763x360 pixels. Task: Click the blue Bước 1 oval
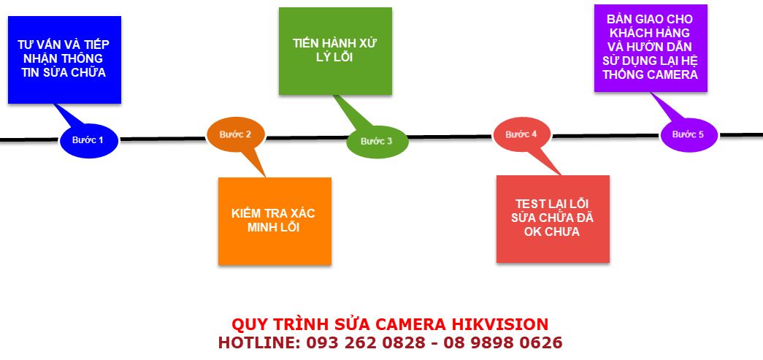88,139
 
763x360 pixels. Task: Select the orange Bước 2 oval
236,134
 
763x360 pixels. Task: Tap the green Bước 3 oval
376,141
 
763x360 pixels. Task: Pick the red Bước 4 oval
521,134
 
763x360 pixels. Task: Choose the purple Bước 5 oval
689,134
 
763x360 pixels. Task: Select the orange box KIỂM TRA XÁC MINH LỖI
275,221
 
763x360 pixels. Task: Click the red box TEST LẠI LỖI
552,220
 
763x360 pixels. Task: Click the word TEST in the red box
530,204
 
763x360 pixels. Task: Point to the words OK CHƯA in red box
552,232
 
